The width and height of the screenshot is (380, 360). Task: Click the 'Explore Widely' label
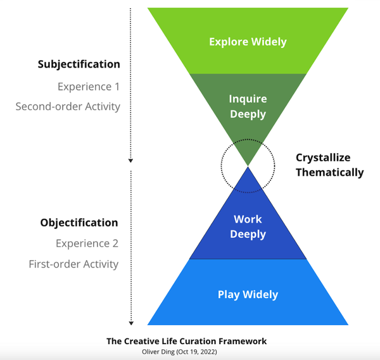[x=248, y=42]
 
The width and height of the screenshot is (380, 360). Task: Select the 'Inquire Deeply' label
[x=248, y=106]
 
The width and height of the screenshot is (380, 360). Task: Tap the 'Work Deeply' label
[x=248, y=227]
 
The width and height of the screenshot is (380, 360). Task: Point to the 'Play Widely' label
[x=248, y=294]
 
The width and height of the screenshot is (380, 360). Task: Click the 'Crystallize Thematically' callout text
[x=329, y=164]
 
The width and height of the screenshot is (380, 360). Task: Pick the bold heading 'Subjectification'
[x=79, y=64]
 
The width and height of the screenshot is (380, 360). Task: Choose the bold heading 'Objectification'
[x=79, y=222]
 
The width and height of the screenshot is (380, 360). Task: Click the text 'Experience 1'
[x=88, y=86]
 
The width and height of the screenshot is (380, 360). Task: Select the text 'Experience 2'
[x=87, y=243]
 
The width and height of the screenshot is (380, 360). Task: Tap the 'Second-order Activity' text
[x=68, y=106]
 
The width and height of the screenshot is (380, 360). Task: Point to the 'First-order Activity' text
[x=73, y=264]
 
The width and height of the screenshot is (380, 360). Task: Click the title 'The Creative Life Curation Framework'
[x=186, y=341]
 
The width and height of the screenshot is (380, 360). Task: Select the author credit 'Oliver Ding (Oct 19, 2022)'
[x=186, y=351]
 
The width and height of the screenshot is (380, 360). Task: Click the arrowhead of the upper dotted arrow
[x=131, y=161]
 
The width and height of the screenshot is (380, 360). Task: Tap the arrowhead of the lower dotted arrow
[x=131, y=322]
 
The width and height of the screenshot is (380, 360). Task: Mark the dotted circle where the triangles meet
[x=248, y=166]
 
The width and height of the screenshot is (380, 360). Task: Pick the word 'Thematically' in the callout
[x=329, y=172]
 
